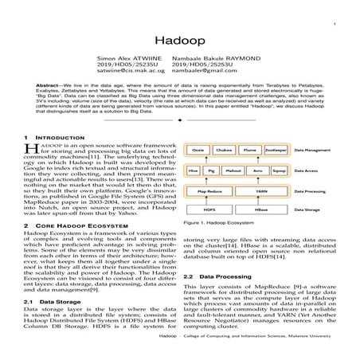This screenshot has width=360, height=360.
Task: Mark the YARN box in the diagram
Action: click(261, 192)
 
